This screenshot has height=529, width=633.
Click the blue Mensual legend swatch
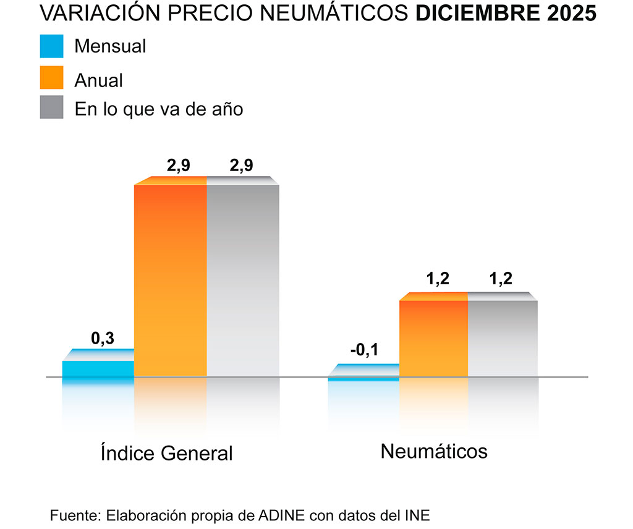[51, 46]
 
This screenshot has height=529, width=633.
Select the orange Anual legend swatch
[51, 78]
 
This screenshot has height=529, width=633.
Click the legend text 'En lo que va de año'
[159, 109]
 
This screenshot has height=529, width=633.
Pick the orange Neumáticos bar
[433, 337]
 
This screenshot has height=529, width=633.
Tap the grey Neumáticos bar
[502, 337]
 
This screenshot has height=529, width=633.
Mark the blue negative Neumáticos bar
[363, 378]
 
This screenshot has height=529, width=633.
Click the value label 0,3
[103, 338]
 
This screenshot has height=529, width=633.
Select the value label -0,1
[363, 351]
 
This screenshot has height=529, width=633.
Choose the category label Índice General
[166, 453]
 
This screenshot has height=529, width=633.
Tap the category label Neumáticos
[434, 451]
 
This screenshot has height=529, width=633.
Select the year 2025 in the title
[569, 14]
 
